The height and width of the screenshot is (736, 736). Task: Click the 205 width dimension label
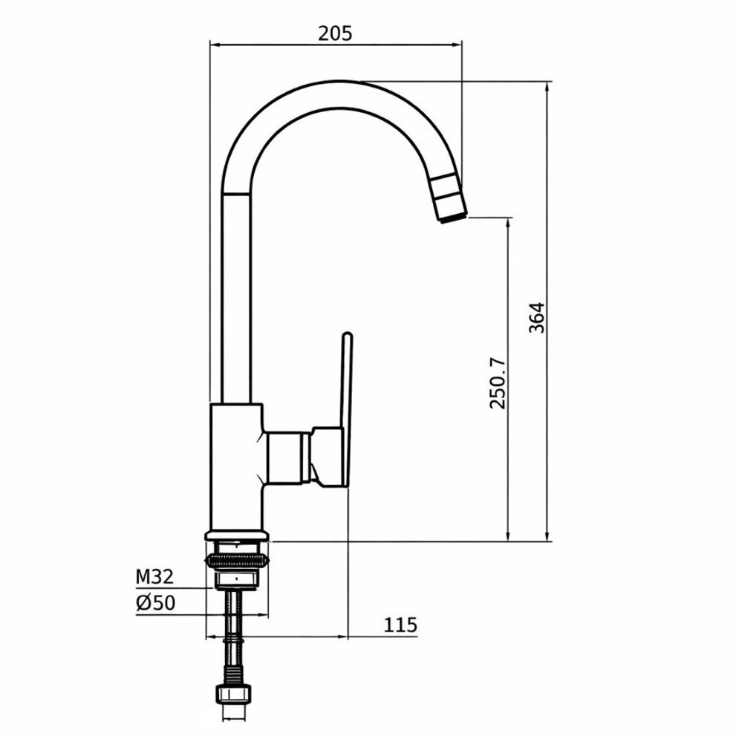[x=335, y=33]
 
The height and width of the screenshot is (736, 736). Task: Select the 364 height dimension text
[x=536, y=318]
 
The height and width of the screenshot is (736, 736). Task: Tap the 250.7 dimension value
[x=498, y=383]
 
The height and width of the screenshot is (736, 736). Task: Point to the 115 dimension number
[x=400, y=625]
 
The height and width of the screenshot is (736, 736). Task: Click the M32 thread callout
[x=154, y=576]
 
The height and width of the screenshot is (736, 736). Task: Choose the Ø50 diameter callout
[x=155, y=603]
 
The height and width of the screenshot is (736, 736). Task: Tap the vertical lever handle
[x=347, y=408]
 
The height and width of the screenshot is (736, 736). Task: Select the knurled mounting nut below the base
[x=237, y=561]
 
